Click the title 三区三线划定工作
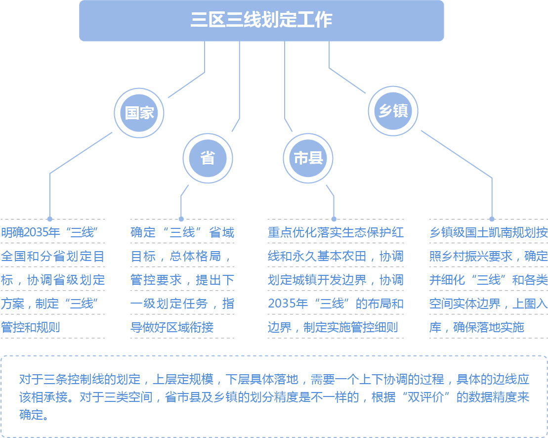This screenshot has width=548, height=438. [x=261, y=20]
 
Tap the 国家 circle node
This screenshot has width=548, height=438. [x=139, y=113]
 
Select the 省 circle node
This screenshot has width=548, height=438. [x=208, y=158]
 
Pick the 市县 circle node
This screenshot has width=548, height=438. [x=308, y=158]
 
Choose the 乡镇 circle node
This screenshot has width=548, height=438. [x=393, y=111]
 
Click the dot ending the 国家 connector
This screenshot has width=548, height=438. [x=50, y=219]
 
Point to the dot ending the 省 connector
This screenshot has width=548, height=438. [x=181, y=219]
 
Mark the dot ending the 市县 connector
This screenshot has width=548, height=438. [x=334, y=219]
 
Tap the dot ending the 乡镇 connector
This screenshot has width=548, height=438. [x=492, y=219]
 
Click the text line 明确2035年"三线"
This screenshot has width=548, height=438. [x=49, y=232]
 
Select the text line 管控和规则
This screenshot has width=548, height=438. [x=31, y=328]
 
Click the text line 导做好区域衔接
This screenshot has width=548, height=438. [x=172, y=328]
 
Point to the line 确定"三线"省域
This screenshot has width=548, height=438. [x=182, y=232]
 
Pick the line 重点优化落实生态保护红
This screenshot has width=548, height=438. [x=336, y=232]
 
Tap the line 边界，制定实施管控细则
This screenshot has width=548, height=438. [x=333, y=328]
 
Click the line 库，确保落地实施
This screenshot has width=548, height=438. [x=477, y=328]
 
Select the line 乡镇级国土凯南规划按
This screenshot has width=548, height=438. [x=489, y=232]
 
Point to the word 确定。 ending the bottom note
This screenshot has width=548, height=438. [x=34, y=415]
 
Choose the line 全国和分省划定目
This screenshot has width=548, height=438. [x=53, y=256]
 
